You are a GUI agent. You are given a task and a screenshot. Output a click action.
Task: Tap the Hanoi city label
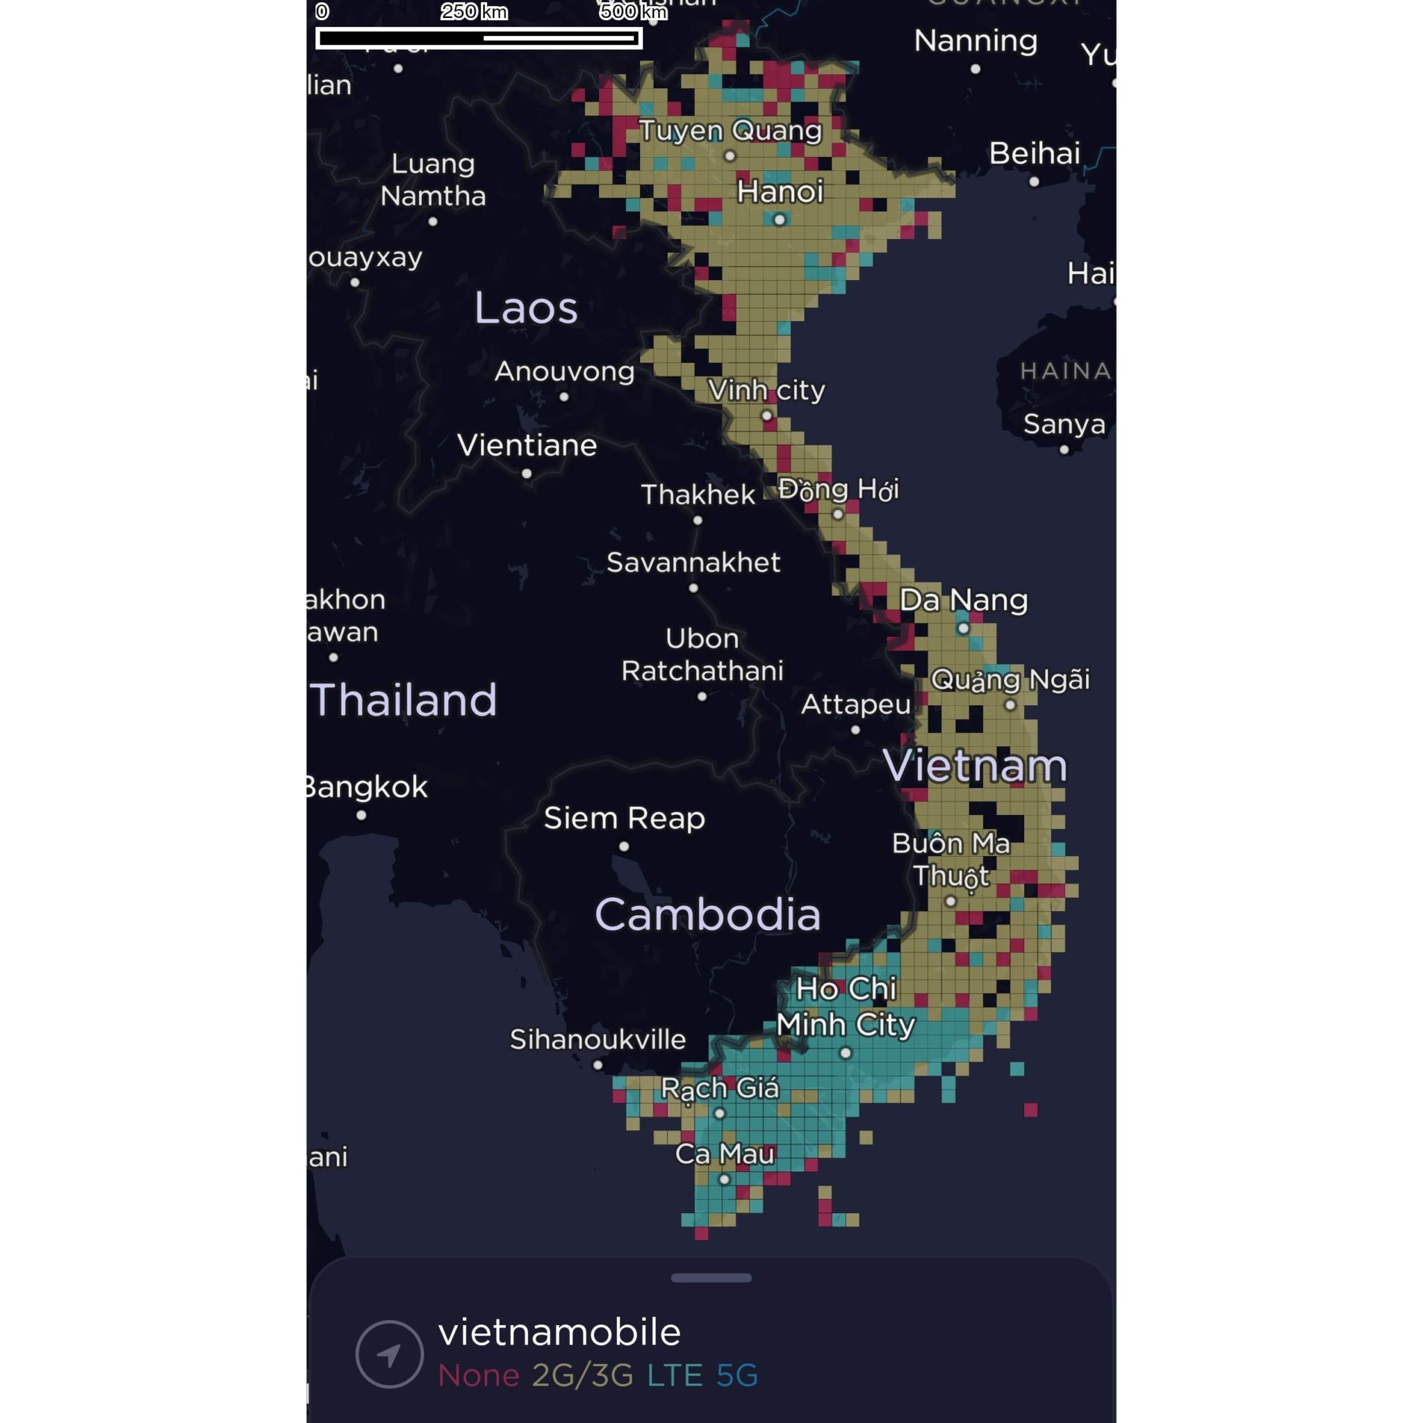[x=780, y=192]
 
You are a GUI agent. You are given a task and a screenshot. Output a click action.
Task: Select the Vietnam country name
[x=974, y=766]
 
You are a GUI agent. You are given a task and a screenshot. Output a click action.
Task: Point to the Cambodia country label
[x=707, y=915]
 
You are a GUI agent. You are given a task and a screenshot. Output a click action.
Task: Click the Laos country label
[x=525, y=308]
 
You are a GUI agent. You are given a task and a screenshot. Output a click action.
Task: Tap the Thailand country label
[x=404, y=700]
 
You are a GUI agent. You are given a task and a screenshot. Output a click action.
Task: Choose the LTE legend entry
[x=674, y=1375]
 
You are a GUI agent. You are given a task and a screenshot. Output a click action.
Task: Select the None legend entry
[x=479, y=1375]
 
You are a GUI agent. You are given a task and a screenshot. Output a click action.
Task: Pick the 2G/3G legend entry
[x=582, y=1375]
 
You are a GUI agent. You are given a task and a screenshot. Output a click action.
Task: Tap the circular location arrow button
[x=389, y=1354]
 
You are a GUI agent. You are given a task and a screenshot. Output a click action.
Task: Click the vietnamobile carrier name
[x=559, y=1333]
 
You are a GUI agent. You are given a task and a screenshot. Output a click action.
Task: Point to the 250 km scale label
[x=475, y=12]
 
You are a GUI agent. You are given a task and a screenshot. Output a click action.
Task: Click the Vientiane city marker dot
[x=527, y=474]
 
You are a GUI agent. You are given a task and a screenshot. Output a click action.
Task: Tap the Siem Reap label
[x=624, y=819]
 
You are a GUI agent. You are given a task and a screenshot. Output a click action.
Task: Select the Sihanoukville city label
[x=598, y=1039]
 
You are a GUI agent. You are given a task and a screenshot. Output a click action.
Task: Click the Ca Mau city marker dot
[x=724, y=1179]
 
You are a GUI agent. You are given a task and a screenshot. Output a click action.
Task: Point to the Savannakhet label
[x=693, y=563]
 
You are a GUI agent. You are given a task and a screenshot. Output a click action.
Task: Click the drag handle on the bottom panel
[x=711, y=1278]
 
